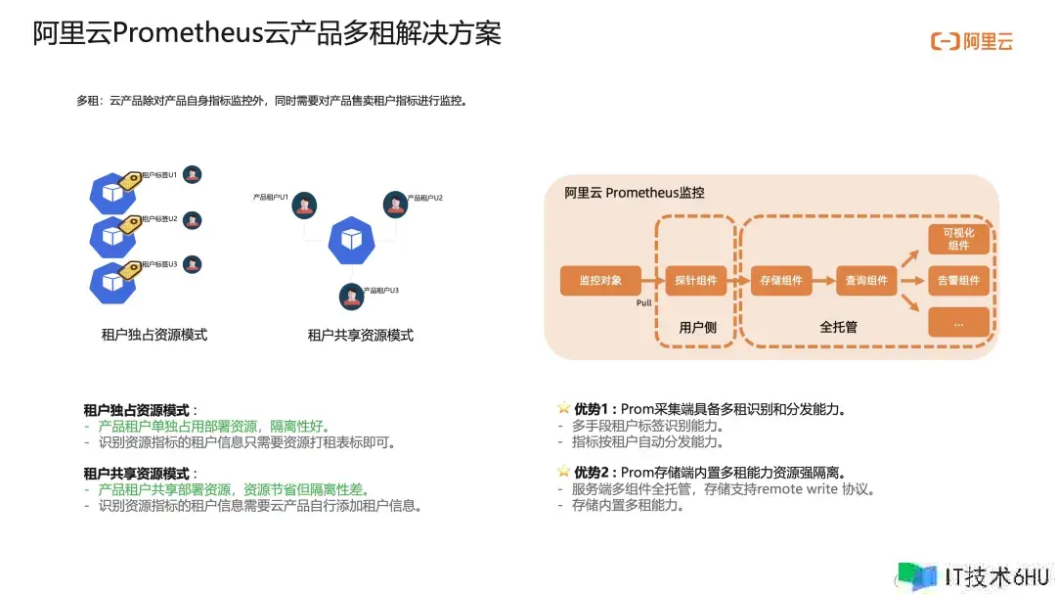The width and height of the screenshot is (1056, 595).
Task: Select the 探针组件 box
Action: coord(695,280)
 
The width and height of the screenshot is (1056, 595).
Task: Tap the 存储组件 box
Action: coord(781,280)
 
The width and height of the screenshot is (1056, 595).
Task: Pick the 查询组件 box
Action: coord(866,280)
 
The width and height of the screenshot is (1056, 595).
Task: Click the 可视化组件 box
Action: coord(958,239)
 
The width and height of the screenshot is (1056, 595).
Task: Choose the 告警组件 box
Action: coord(958,280)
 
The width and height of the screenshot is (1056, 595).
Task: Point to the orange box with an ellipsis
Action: coord(958,322)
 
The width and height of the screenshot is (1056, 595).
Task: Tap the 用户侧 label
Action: coord(697,327)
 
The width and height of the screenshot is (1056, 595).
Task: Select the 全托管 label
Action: coord(838,327)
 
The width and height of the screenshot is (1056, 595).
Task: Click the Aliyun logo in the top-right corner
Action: coord(971,41)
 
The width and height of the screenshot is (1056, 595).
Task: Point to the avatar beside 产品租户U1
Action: coord(305,205)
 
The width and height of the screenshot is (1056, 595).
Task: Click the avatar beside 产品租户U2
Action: coord(395,204)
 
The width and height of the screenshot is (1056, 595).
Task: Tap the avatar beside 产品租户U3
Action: coord(351,296)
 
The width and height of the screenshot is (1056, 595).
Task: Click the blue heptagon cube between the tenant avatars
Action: coord(351,240)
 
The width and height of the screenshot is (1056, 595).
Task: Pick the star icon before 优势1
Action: coord(563,408)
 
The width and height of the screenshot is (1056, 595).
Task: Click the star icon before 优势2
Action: coord(563,472)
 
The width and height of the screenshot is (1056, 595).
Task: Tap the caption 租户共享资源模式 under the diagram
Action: coord(361,335)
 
